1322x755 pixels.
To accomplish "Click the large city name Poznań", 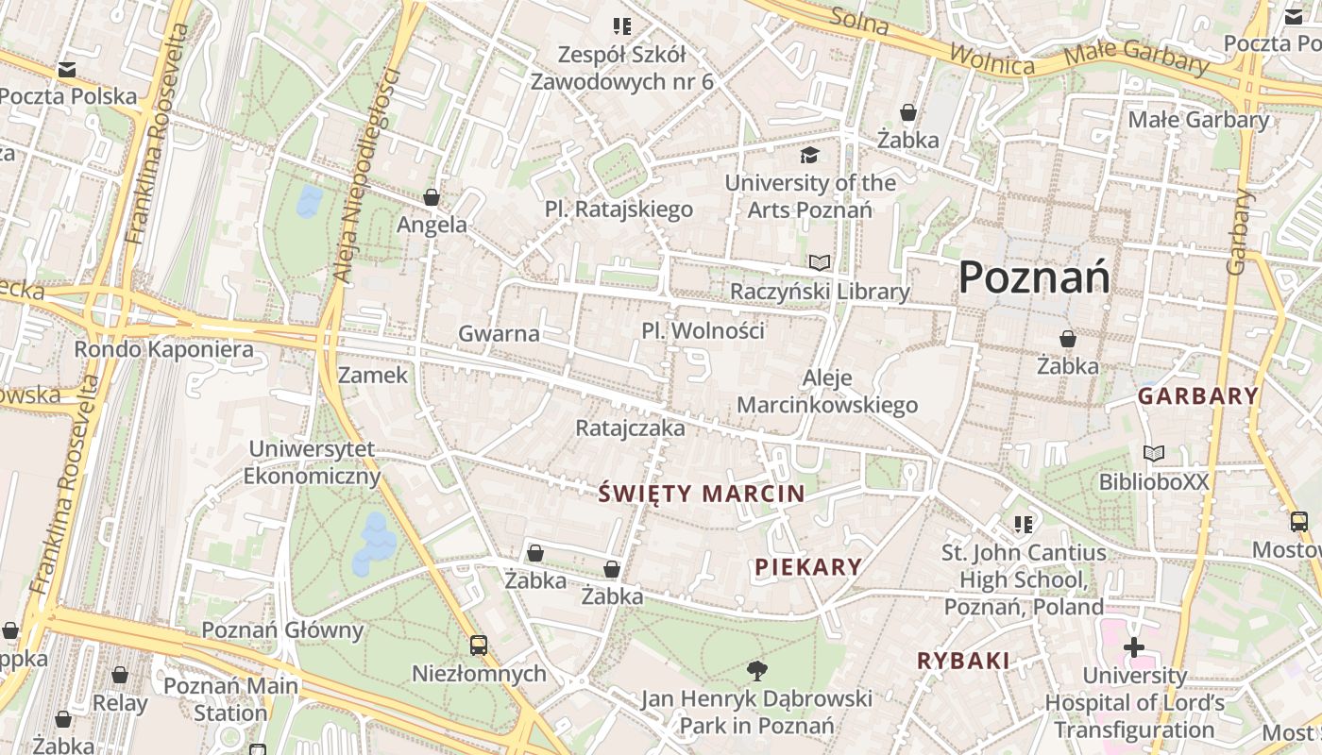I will coord(1034,278).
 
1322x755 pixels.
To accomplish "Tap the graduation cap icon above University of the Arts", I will coord(809,155).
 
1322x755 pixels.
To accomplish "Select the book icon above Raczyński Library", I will coord(820,262).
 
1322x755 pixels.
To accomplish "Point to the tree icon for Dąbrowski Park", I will coord(756,671).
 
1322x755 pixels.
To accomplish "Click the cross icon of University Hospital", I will coord(1133,647).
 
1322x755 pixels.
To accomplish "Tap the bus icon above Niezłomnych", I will coord(479,646).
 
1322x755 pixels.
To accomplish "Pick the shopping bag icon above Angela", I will coord(432,197).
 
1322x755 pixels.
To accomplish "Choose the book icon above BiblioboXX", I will coord(1153,454).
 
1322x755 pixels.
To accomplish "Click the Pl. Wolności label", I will coord(703,331).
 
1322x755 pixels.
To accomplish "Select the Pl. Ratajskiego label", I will coord(619,209).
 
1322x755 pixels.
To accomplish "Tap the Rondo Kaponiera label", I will coord(164,349).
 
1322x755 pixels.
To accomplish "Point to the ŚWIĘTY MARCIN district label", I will coord(702,493).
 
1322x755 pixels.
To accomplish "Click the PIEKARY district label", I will coord(808,566).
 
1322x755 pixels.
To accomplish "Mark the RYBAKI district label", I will coord(963,661).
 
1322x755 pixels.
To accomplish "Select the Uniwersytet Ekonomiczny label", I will coord(312,462).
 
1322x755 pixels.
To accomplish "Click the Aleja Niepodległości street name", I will coord(362,175).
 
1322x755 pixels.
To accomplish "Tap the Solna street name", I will coord(859,21).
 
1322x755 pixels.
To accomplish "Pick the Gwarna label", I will coord(499,333).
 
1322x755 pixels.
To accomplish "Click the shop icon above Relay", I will coord(120,675).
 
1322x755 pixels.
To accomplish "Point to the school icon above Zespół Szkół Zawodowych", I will coord(621,26).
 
